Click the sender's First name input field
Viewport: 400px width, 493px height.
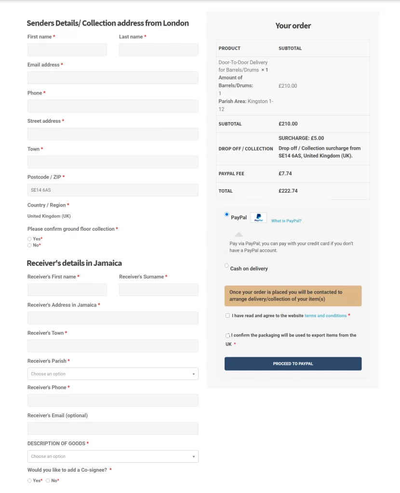point(67,50)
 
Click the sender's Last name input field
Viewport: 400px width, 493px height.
point(159,50)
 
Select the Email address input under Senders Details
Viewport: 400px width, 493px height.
point(113,78)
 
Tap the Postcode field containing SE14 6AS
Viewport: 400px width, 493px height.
point(113,190)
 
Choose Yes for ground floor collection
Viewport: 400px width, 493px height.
point(29,239)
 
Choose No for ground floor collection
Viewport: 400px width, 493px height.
point(29,246)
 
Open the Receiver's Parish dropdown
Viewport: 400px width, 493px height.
point(113,374)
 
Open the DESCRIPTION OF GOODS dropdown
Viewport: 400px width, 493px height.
point(113,456)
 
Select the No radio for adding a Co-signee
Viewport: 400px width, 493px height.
point(48,480)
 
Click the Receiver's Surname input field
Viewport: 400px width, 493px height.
point(159,290)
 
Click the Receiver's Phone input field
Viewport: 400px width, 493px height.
point(113,401)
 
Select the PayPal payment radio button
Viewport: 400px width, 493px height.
point(227,215)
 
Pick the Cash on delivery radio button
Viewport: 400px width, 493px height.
point(227,266)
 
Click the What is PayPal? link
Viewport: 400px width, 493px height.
point(286,221)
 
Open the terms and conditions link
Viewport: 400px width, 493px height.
point(325,316)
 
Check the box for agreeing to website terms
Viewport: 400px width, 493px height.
point(227,316)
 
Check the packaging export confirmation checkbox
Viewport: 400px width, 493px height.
point(227,336)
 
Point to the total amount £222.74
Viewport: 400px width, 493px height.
point(288,191)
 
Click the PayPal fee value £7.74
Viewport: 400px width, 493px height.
point(285,173)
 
